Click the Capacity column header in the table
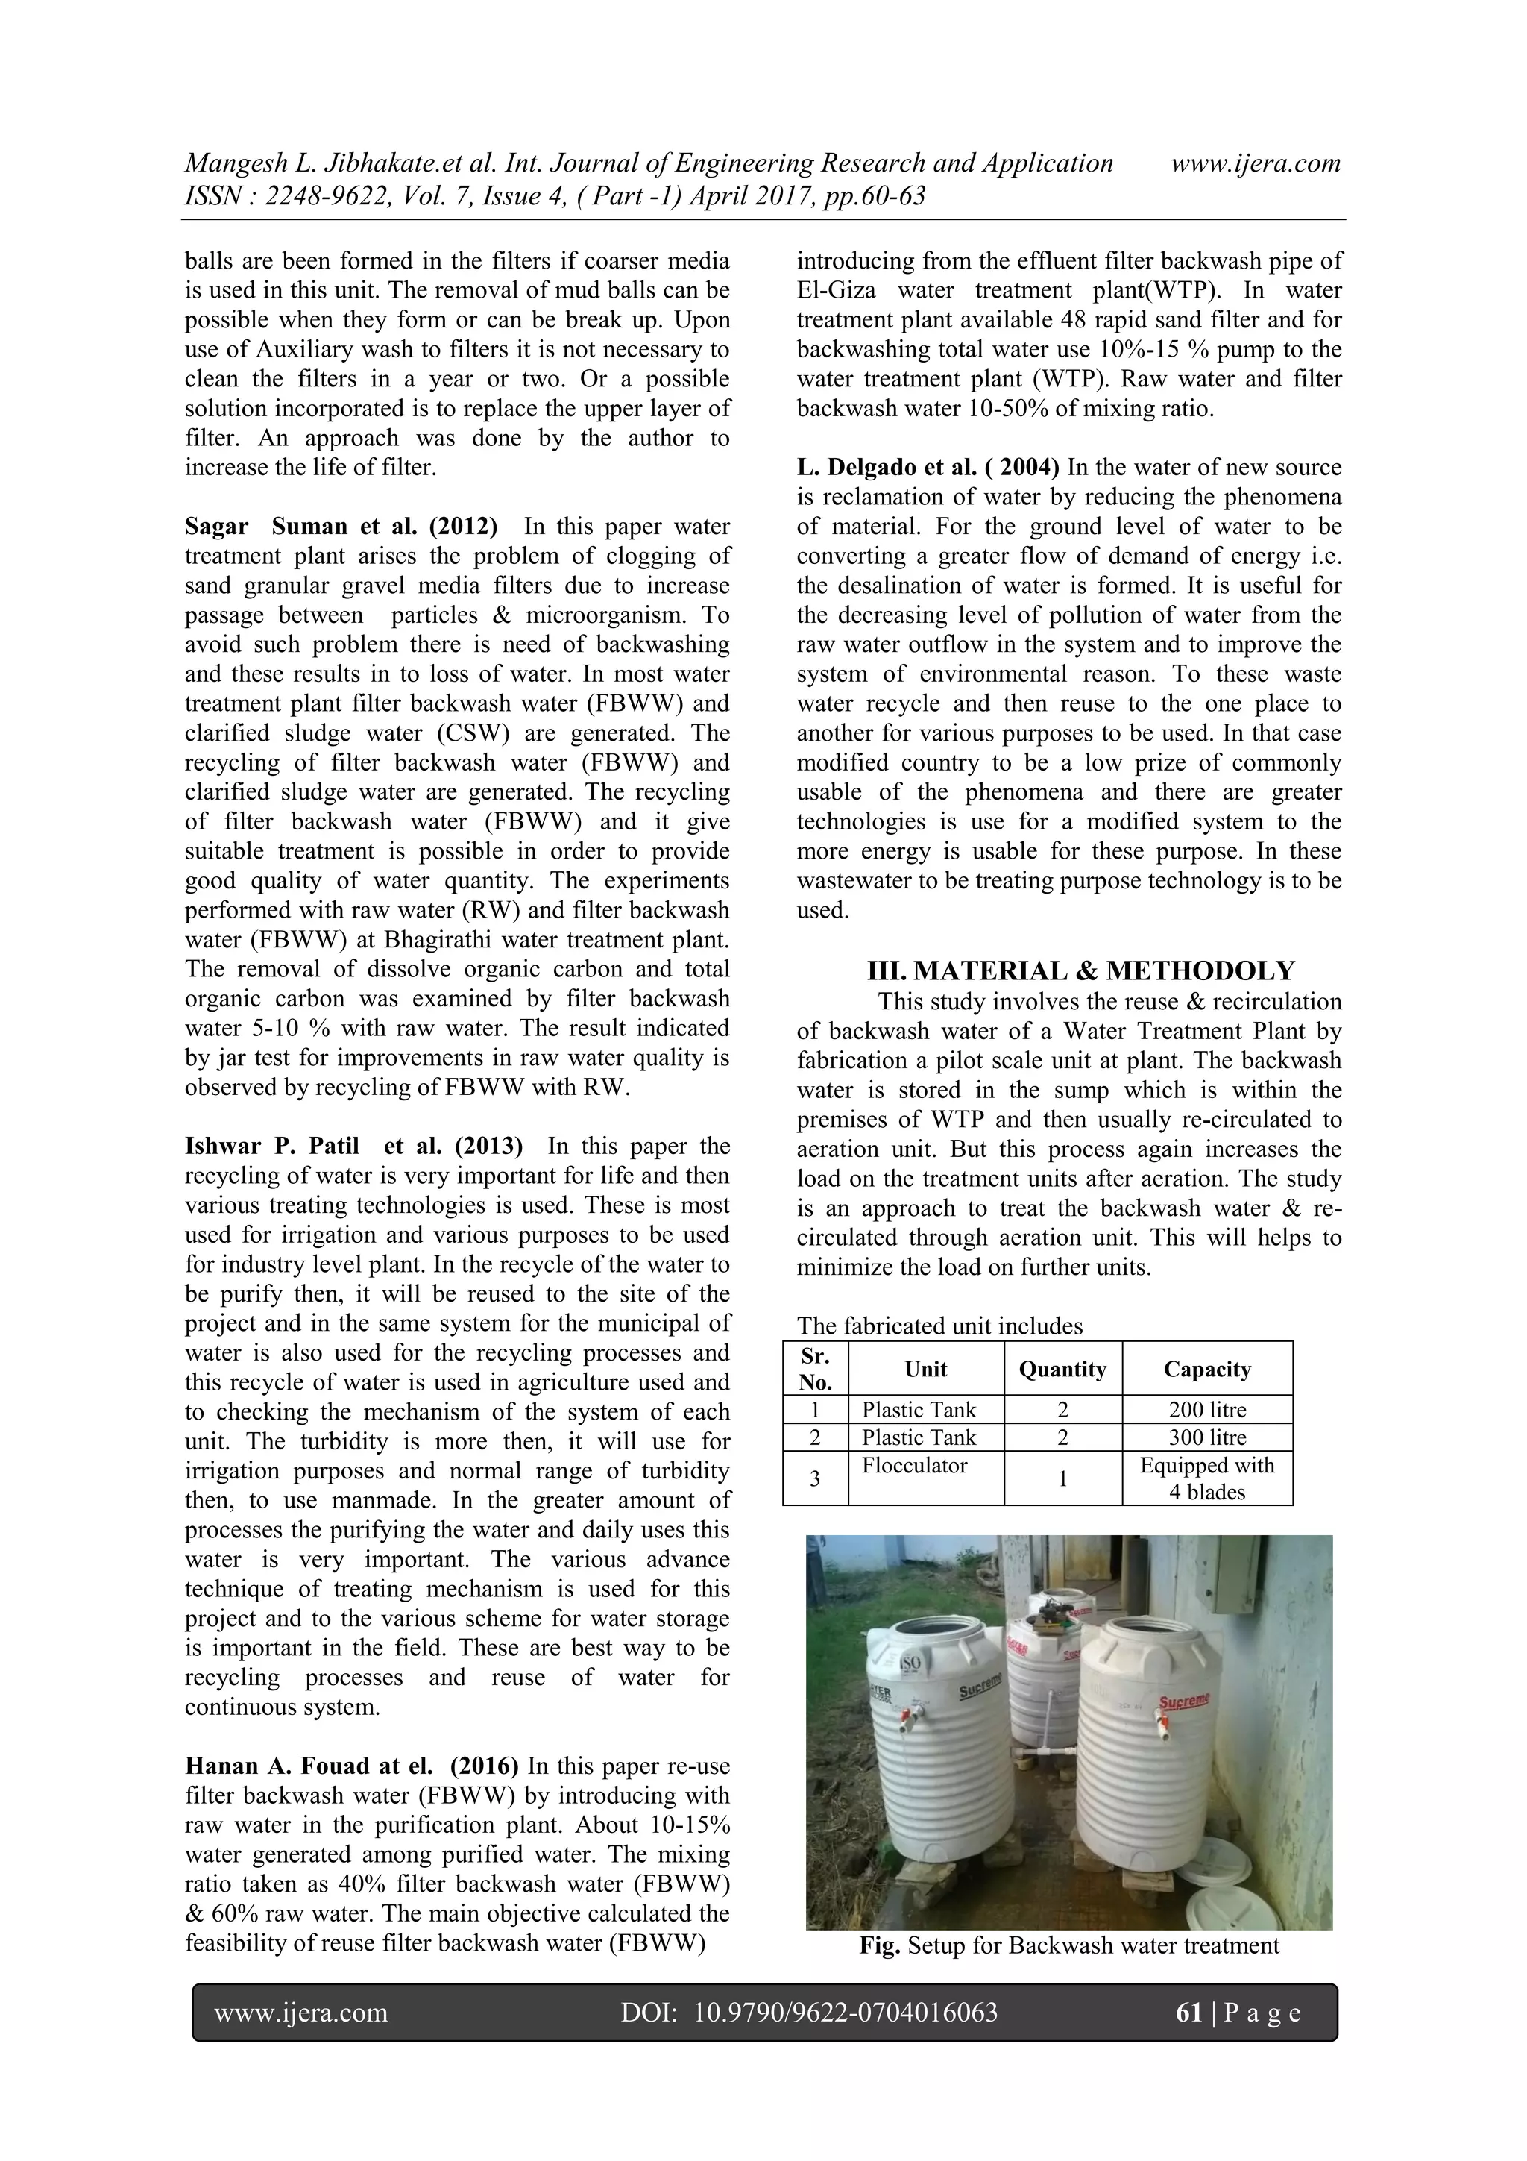1206,1369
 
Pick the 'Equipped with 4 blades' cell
1206,1478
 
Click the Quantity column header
1062,1369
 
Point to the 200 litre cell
1206,1410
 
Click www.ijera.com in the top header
1255,163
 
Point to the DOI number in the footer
845,2013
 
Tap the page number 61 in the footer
1189,2013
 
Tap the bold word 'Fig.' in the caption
880,1945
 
